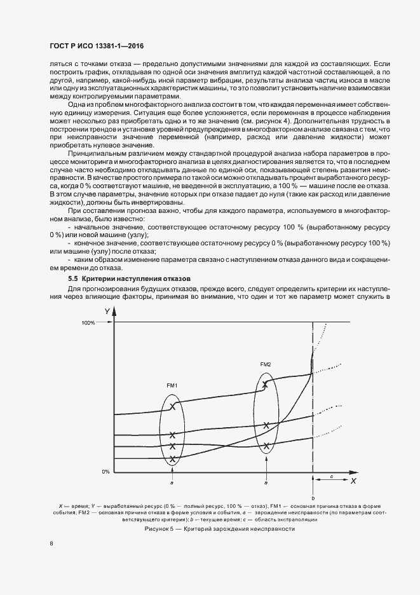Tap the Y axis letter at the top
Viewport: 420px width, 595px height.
pos(107,311)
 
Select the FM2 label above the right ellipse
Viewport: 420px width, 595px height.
pos(266,364)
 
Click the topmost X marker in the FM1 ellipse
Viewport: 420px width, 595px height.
pos(172,406)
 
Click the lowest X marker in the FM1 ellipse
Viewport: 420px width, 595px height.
pos(172,458)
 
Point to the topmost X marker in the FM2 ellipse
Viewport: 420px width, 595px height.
pos(266,384)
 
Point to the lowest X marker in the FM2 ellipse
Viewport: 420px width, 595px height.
pos(266,444)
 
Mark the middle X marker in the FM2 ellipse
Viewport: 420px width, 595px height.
pos(266,424)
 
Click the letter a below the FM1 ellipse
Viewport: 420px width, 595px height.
pos(172,482)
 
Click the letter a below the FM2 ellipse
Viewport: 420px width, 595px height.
pos(266,482)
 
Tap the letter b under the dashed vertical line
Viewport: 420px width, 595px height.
pos(313,497)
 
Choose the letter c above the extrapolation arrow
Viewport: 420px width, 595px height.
pos(331,475)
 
